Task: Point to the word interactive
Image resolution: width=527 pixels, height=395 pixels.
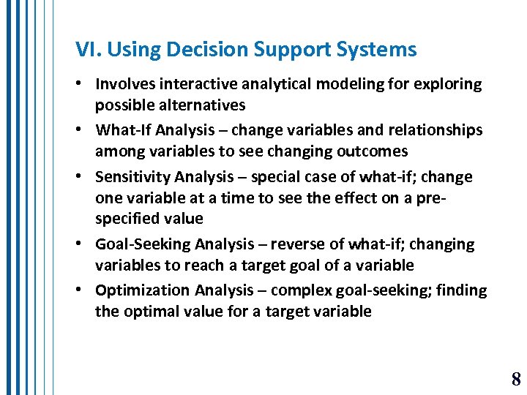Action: [194, 84]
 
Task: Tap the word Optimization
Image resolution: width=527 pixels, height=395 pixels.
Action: [143, 290]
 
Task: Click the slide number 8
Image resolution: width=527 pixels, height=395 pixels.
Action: [516, 379]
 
